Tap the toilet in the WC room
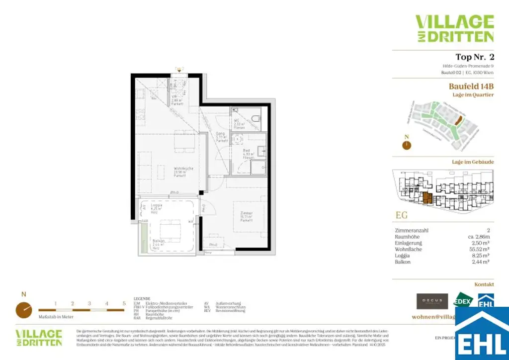click(x=254, y=119)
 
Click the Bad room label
click(x=246, y=153)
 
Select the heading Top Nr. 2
click(x=474, y=57)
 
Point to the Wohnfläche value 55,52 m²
click(x=481, y=249)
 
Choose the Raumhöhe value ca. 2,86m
click(x=479, y=237)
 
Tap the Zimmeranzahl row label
click(x=411, y=231)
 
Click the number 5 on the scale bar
click(x=124, y=303)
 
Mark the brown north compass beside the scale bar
click(x=23, y=309)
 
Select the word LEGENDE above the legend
click(x=142, y=299)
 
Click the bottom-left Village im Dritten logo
click(x=39, y=337)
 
